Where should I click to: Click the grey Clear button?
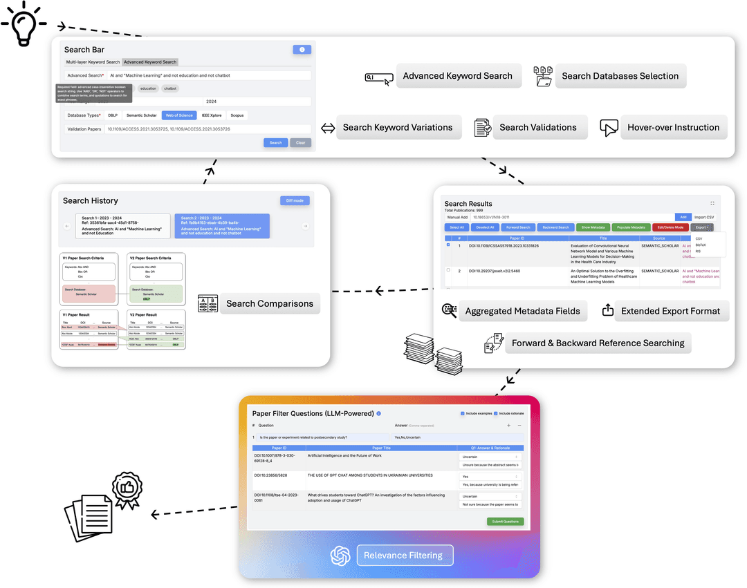300,142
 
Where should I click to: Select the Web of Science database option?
178,115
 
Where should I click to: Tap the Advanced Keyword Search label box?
457,76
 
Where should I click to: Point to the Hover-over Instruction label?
673,127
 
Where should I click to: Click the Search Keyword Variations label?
397,127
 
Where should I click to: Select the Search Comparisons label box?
269,303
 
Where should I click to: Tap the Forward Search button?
518,227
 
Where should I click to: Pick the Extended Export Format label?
670,311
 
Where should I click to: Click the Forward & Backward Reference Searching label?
598,343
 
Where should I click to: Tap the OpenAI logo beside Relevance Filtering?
340,555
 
